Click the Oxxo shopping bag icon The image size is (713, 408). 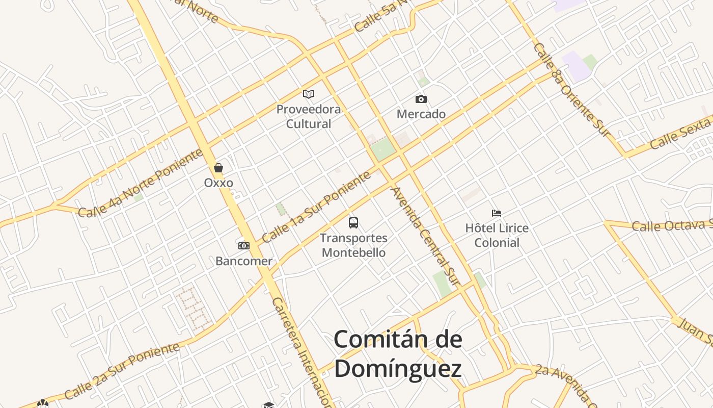(218, 168)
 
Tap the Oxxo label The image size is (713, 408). (218, 183)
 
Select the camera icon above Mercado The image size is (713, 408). (421, 99)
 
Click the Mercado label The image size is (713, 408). (421, 114)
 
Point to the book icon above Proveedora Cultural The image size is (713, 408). (309, 94)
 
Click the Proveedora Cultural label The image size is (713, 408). (309, 116)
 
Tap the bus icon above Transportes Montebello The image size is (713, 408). (353, 223)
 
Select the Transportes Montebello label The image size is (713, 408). (354, 245)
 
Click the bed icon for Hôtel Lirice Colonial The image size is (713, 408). (497, 213)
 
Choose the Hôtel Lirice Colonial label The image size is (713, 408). (497, 235)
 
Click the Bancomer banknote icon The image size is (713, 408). (244, 246)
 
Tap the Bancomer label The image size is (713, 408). (244, 261)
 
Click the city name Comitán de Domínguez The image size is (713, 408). (398, 353)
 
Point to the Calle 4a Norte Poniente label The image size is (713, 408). (141, 184)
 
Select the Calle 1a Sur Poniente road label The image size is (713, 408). (316, 207)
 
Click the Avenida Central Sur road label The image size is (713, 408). (425, 236)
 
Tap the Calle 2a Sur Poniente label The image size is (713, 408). (122, 371)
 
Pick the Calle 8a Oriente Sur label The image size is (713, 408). (571, 90)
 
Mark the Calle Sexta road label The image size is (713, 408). (680, 133)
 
